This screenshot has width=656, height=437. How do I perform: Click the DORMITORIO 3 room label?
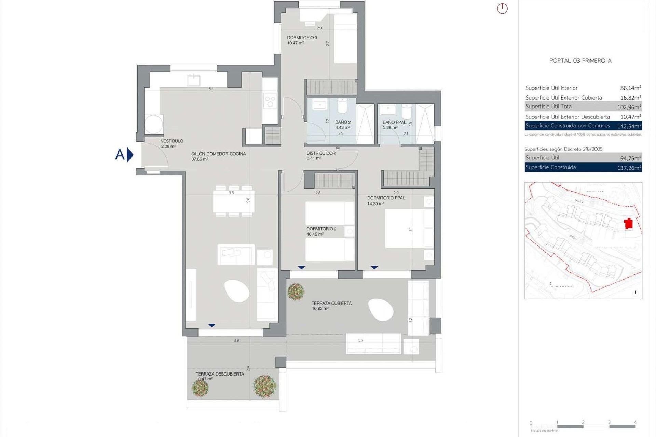[302, 38]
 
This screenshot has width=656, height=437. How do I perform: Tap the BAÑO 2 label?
[343, 122]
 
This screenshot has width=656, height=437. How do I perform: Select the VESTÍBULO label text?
[172, 141]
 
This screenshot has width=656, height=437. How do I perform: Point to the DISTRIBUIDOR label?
[321, 153]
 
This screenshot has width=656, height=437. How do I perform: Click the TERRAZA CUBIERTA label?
[331, 303]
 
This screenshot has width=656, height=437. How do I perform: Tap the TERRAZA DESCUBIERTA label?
[220, 374]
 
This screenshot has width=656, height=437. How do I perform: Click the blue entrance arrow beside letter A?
[130, 155]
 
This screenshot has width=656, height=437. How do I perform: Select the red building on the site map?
[628, 224]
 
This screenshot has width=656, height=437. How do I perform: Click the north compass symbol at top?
[502, 9]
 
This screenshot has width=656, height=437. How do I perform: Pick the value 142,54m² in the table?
[629, 126]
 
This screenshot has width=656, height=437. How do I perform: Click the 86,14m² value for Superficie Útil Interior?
[630, 88]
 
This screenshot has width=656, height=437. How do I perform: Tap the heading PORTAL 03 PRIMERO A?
[580, 61]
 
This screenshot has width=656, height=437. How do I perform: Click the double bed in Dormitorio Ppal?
[405, 228]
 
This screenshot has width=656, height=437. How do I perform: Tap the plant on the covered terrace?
[296, 291]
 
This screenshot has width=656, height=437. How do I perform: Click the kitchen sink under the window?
[194, 81]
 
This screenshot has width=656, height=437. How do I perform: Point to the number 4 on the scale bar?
[635, 422]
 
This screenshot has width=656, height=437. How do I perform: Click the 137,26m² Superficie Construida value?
[629, 168]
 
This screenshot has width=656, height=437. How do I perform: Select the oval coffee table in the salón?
[237, 291]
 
